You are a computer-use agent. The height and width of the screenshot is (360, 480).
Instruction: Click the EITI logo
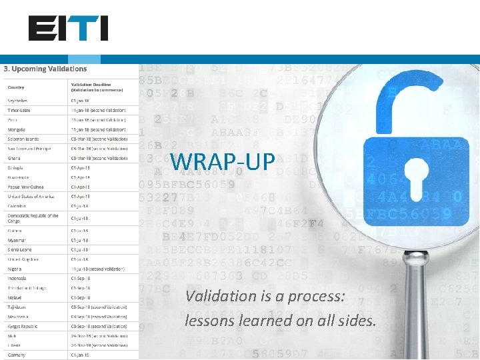tap(68, 29)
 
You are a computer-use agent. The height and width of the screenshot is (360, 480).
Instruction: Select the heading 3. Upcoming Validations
tap(45, 69)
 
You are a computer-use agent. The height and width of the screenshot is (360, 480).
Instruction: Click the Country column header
tap(16, 87)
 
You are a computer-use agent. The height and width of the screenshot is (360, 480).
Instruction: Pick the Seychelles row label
tap(19, 101)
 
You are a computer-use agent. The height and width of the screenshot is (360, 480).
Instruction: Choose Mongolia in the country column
tap(17, 129)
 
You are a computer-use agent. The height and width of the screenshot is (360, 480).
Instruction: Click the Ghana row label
tap(13, 158)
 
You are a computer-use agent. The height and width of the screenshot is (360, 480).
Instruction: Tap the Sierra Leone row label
tap(19, 249)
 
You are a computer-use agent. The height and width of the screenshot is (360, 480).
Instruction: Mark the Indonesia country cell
tap(17, 278)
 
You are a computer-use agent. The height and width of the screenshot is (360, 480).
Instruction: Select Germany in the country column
tap(17, 355)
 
